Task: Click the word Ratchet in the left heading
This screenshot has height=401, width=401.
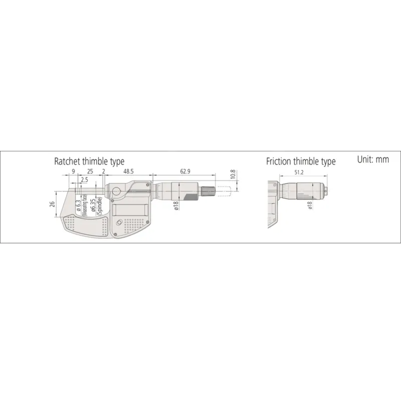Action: point(67,161)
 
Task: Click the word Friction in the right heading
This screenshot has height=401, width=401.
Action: point(279,161)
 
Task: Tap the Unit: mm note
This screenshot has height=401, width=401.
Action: point(373,159)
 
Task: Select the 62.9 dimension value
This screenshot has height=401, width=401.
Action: point(185,171)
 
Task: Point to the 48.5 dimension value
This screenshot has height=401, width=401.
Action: point(128,171)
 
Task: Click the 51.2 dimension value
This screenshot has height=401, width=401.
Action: point(299,172)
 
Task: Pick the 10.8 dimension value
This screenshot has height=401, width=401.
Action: point(233,174)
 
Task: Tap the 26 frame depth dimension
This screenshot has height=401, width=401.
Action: point(52,204)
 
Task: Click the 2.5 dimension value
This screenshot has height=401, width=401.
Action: point(84,180)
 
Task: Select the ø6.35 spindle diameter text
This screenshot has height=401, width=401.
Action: point(93,205)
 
